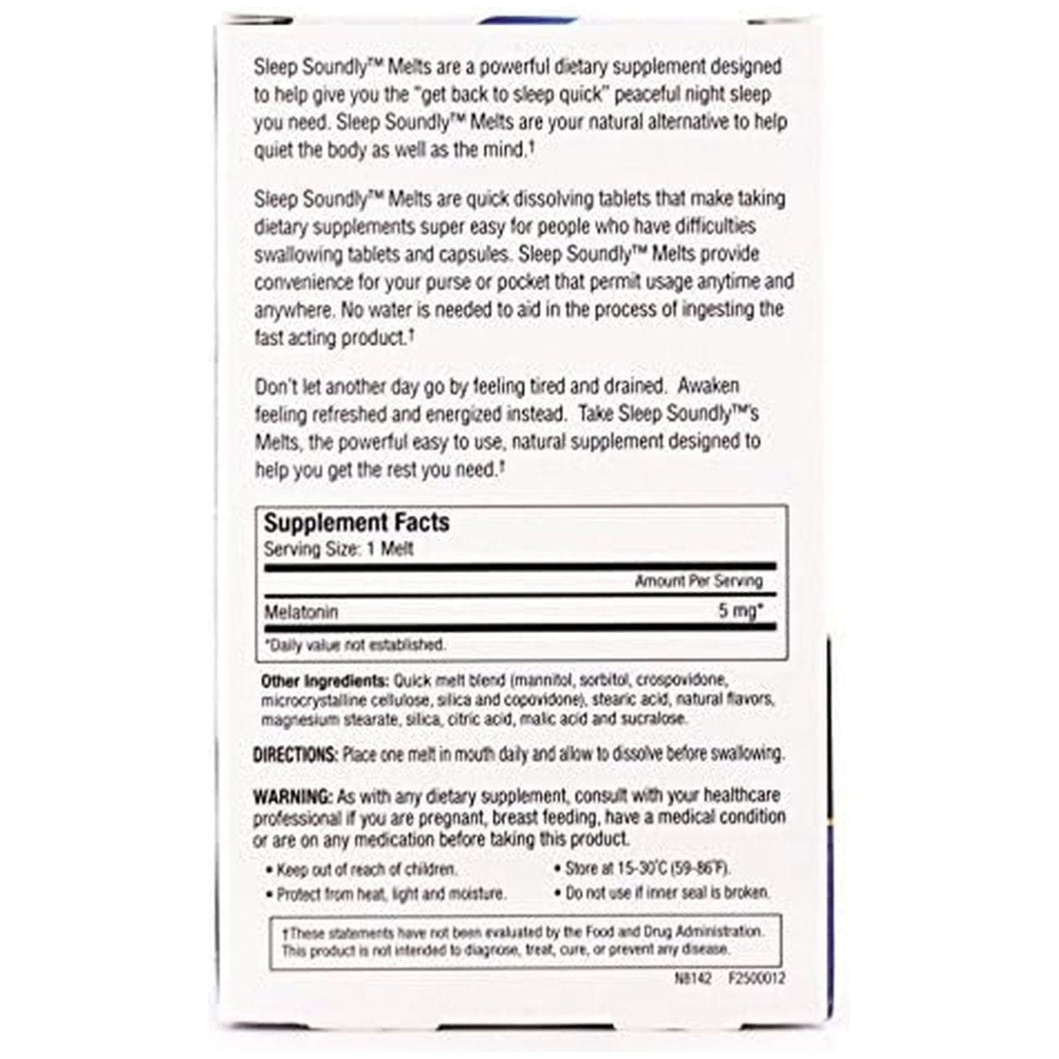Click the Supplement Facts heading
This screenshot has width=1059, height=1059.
357,522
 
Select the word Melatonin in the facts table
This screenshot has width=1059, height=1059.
301,612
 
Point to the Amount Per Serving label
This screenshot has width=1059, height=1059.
698,581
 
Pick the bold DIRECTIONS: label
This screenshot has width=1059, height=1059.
295,755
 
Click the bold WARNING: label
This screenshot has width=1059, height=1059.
292,796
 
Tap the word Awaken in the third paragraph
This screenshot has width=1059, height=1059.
708,387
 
